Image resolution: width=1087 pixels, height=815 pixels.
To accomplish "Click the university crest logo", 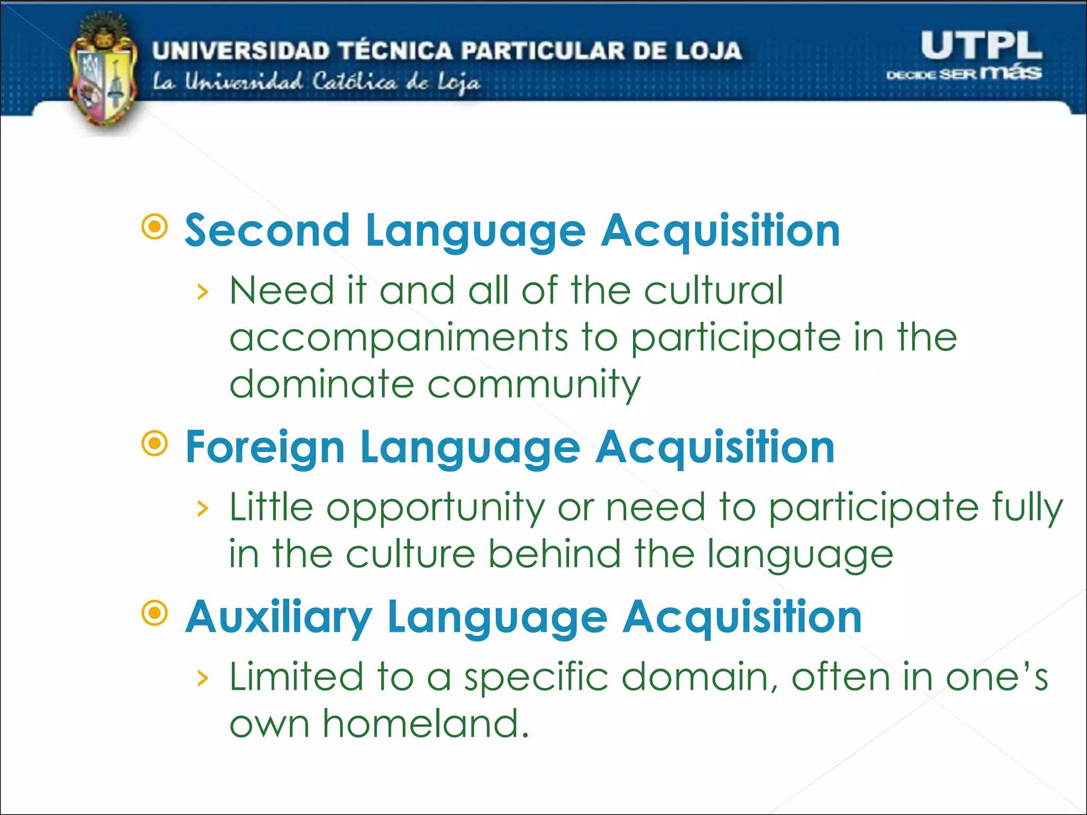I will [x=102, y=74].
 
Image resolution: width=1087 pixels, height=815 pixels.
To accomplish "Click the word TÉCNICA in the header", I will [x=395, y=51].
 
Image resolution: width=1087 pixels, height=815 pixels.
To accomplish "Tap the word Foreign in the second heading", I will [x=265, y=448].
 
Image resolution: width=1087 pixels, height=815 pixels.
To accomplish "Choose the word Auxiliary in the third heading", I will [x=279, y=617].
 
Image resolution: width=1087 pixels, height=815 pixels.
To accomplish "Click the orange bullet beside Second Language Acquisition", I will [x=155, y=227].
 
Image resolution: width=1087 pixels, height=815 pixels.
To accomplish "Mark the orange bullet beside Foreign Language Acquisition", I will [x=155, y=444].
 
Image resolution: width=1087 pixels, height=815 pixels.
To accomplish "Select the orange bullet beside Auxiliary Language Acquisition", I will [x=155, y=613].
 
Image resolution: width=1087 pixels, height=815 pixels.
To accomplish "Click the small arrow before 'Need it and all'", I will [x=202, y=292].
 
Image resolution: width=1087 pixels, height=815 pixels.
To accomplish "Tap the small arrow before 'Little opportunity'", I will [x=202, y=509].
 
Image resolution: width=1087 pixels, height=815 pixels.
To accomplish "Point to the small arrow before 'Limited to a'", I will [x=202, y=678].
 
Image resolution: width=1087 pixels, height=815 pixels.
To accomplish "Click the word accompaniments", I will [x=399, y=338].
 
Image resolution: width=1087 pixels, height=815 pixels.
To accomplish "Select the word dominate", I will [x=322, y=384].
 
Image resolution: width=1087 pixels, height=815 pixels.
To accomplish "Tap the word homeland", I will [x=426, y=724].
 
